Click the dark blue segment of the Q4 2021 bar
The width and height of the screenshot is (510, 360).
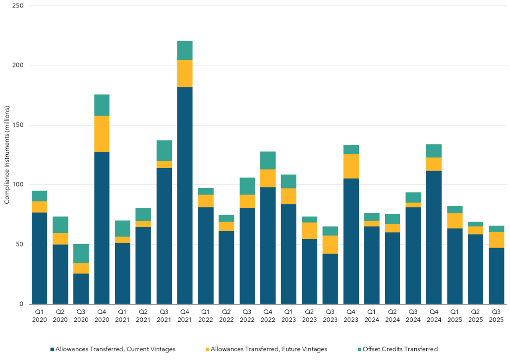pyautogui.click(x=185, y=195)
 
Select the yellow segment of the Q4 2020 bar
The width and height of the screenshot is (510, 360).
pyautogui.click(x=102, y=133)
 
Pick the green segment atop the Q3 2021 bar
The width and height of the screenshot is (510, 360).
pyautogui.click(x=164, y=151)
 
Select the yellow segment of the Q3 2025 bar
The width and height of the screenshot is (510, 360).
pyautogui.click(x=496, y=240)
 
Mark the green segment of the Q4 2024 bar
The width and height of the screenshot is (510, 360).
pyautogui.click(x=434, y=151)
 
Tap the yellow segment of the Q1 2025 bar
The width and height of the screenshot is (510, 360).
pyautogui.click(x=454, y=221)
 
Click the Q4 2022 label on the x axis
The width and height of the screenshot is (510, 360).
pyautogui.click(x=268, y=316)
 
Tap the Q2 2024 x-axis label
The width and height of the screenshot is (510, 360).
pyautogui.click(x=392, y=316)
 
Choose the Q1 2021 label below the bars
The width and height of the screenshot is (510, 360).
pyautogui.click(x=122, y=316)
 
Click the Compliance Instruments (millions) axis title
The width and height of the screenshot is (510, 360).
pyautogui.click(x=7, y=155)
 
